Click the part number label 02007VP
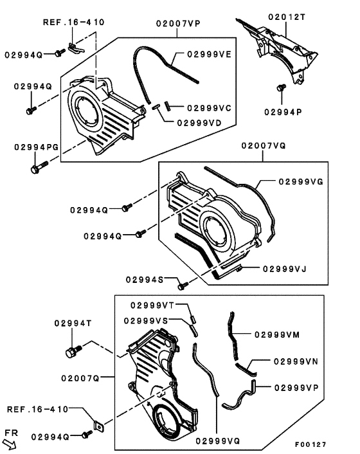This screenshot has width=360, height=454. (178, 23)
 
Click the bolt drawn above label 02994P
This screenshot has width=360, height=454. (280, 87)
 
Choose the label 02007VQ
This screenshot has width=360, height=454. (264, 146)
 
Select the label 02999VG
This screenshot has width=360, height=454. (301, 182)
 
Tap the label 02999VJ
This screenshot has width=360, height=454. (283, 269)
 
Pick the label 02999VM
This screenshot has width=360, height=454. (277, 334)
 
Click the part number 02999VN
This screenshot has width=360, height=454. (296, 361)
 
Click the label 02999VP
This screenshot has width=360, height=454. (296, 388)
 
